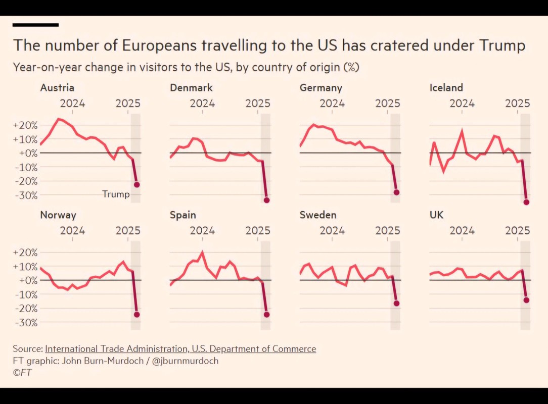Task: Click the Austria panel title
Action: tap(57, 88)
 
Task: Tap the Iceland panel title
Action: tap(446, 88)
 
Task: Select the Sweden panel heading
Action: tap(318, 215)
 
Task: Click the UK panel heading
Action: tap(436, 215)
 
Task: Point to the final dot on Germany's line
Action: tap(396, 192)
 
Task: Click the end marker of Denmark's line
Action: tap(266, 200)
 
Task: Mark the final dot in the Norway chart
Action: tap(136, 315)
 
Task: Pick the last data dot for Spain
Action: tap(266, 315)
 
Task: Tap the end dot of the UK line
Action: tap(526, 300)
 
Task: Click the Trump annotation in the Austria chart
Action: tap(116, 194)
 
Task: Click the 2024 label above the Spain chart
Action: tap(202, 231)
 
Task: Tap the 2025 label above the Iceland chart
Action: tap(517, 104)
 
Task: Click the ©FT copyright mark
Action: tap(22, 373)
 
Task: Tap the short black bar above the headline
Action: tap(35, 24)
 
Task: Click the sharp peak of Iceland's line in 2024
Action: tap(462, 131)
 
